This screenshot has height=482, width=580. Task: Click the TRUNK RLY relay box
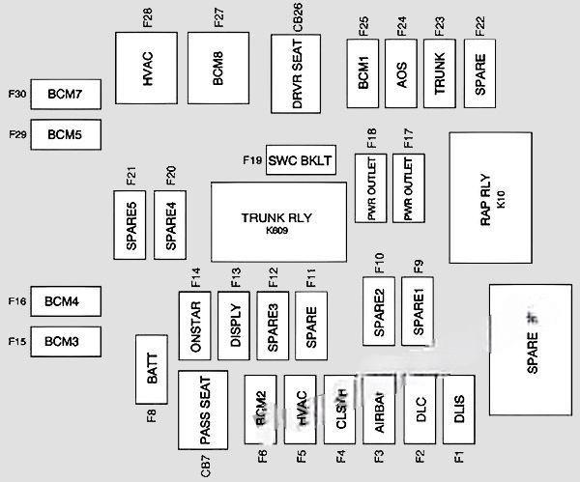point(279,222)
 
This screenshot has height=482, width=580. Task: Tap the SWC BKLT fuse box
point(301,160)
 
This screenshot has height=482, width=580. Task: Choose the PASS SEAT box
point(203,409)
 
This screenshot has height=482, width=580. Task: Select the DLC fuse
point(420,409)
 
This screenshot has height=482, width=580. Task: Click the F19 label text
point(250,159)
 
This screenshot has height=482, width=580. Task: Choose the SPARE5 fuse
point(130,221)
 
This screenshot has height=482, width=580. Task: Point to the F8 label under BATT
point(152,416)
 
